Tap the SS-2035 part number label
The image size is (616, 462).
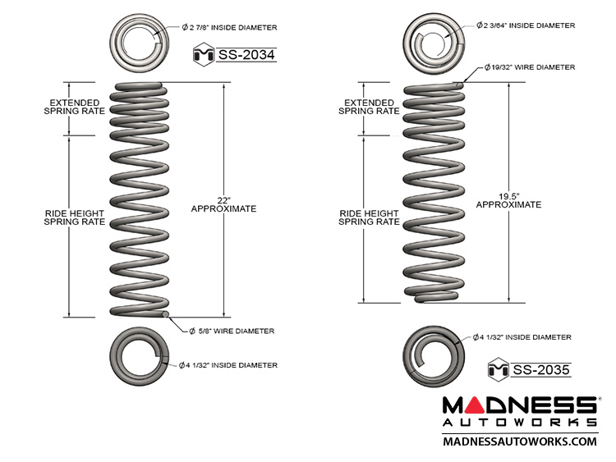[540, 369]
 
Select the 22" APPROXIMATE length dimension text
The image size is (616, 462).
[223, 204]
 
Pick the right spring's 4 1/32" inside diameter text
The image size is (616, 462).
[522, 337]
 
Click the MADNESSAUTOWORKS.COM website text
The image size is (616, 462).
[520, 441]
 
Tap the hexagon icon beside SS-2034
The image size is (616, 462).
[202, 56]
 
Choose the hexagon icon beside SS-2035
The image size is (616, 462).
[498, 369]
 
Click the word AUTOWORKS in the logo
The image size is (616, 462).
[520, 422]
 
